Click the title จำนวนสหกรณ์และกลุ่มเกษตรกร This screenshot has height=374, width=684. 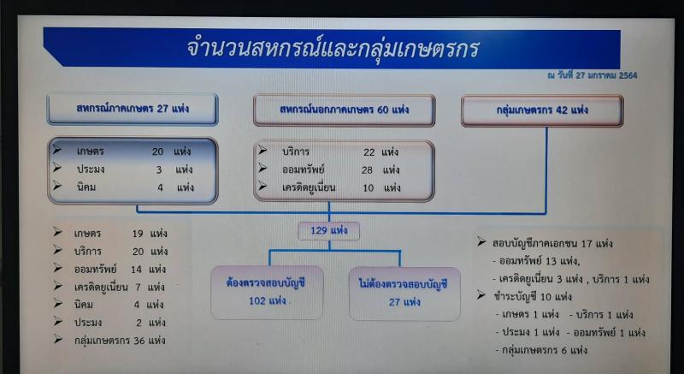[333, 49]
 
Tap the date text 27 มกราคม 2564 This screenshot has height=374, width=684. [606, 75]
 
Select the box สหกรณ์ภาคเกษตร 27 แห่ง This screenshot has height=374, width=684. [133, 109]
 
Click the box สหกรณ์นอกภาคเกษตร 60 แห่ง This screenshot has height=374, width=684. [345, 110]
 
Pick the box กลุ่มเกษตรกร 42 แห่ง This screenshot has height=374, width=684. [542, 110]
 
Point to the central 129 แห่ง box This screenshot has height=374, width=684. [329, 231]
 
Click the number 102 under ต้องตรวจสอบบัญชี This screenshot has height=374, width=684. [258, 300]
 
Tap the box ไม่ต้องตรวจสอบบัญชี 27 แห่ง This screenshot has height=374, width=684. [404, 294]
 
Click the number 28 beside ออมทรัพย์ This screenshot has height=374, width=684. [368, 170]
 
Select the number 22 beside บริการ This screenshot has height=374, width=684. [369, 152]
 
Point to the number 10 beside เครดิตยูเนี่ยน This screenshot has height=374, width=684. [369, 188]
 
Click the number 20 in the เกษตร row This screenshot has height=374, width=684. [158, 151]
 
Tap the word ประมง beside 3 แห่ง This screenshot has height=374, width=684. [91, 169]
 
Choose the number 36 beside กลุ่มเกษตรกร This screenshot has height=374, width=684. [139, 341]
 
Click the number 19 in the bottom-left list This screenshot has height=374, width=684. [138, 234]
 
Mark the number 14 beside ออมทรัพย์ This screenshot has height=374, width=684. [137, 270]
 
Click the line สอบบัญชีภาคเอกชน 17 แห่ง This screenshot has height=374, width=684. [552, 244]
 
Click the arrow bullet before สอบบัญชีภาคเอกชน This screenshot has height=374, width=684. [481, 241]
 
